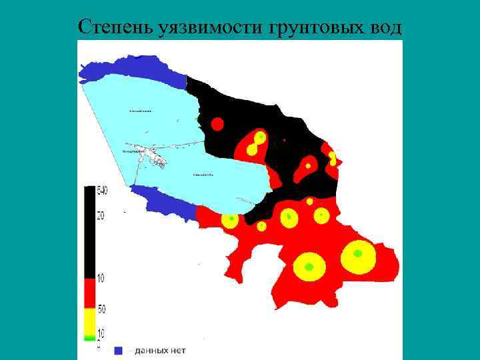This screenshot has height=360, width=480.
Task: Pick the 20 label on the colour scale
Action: click(x=101, y=215)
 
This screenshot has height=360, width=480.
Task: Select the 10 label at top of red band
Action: click(x=101, y=279)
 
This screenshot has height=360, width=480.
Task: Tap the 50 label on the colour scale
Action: click(x=101, y=309)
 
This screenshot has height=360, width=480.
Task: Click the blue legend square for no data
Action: click(x=119, y=350)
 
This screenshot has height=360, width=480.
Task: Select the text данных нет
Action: click(x=160, y=350)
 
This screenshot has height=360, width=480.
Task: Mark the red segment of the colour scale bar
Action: click(x=89, y=293)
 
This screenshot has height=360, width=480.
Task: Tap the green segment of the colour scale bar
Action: click(x=89, y=338)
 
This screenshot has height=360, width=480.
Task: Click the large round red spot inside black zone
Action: click(x=217, y=123)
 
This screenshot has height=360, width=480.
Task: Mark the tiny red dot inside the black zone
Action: click(x=285, y=141)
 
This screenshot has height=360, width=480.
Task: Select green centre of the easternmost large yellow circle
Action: click(x=358, y=253)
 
